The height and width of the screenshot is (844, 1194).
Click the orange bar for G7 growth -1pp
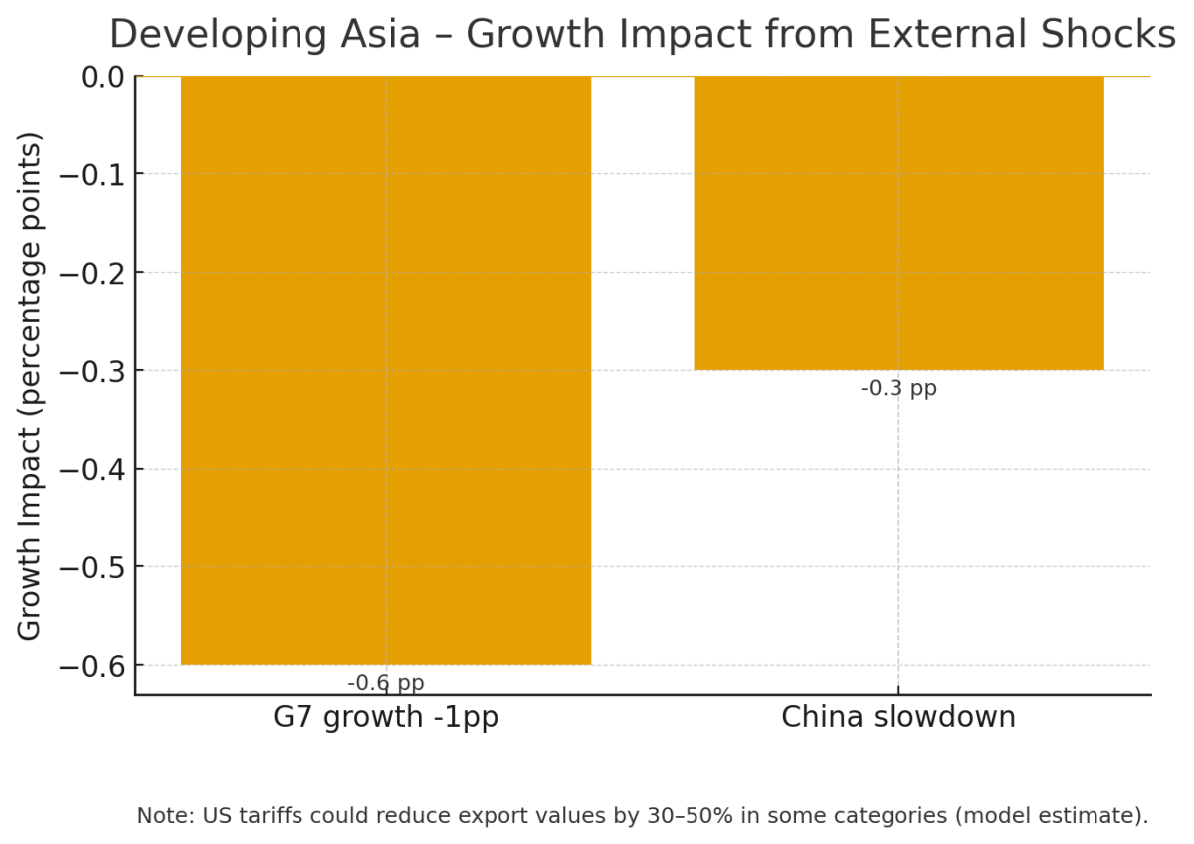coord(386,369)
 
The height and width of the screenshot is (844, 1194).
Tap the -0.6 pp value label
coord(386,683)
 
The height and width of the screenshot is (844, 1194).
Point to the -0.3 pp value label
coord(898,388)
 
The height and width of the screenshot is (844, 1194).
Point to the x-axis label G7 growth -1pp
coord(386,717)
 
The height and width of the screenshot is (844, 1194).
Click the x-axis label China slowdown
coord(898,717)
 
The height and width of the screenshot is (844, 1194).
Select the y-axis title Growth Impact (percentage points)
coord(31,385)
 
